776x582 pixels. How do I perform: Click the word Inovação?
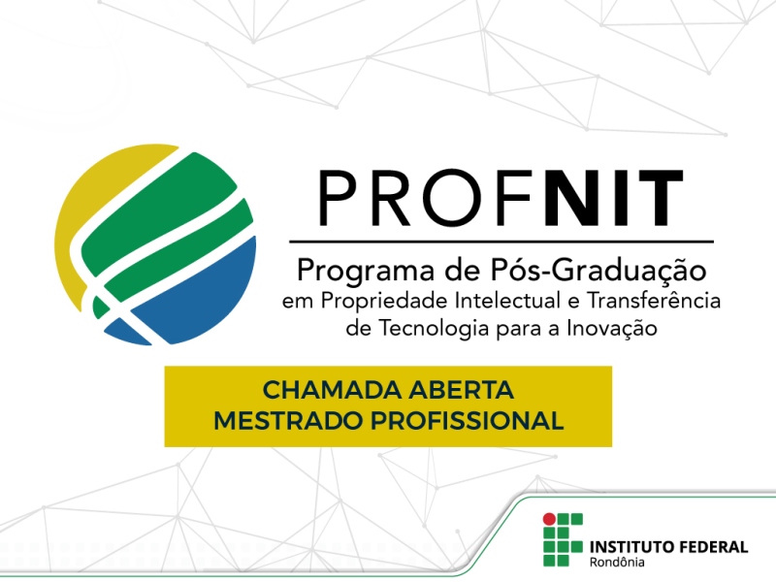pyautogui.click(x=611, y=329)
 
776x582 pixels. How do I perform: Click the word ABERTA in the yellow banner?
pyautogui.click(x=468, y=391)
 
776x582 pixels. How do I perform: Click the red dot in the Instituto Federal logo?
pyautogui.click(x=550, y=518)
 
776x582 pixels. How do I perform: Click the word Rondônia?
pyautogui.click(x=617, y=564)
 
